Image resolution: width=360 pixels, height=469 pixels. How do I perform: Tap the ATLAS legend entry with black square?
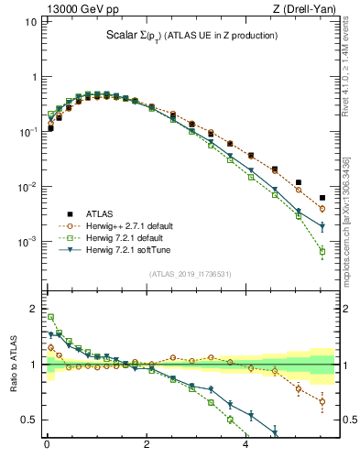pyautogui.click(x=93, y=213)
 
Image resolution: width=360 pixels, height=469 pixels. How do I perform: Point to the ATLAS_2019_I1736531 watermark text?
pyautogui.click(x=191, y=273)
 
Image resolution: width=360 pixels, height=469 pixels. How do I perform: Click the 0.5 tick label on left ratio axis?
pyautogui.click(x=31, y=420)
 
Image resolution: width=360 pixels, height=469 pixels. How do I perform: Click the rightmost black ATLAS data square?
pyautogui.click(x=322, y=198)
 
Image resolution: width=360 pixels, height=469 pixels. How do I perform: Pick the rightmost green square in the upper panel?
pyautogui.click(x=322, y=251)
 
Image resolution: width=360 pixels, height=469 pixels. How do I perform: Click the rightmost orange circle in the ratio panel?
pyautogui.click(x=322, y=401)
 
